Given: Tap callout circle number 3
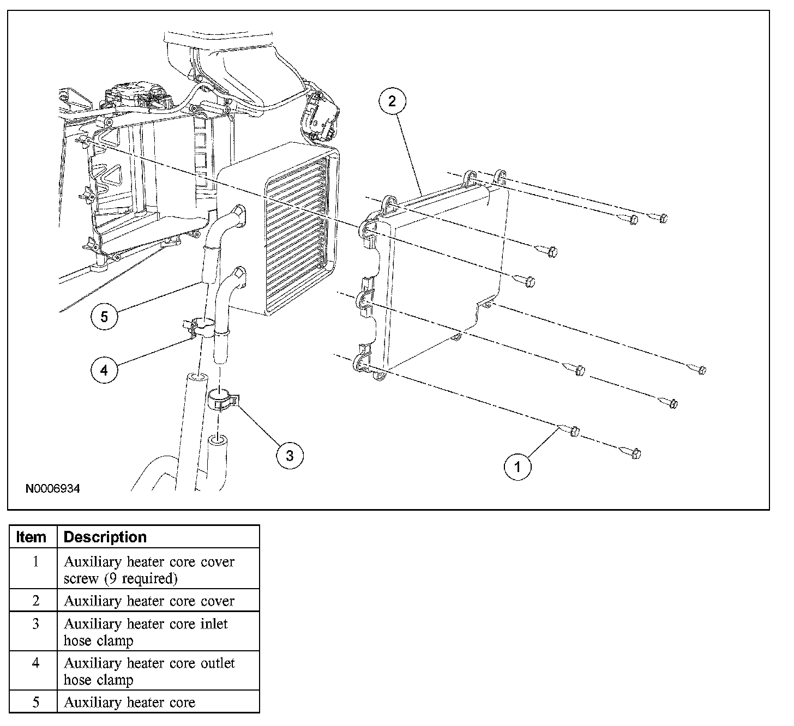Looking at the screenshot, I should [x=290, y=455].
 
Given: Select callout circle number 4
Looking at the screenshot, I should [x=104, y=370].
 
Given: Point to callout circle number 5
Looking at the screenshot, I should [x=104, y=316].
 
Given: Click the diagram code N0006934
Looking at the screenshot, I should [x=53, y=489].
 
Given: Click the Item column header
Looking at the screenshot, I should [x=32, y=537].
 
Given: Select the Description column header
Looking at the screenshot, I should [x=105, y=537].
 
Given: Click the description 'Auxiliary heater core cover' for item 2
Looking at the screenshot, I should [x=149, y=601].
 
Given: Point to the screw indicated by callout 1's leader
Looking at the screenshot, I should [x=570, y=431].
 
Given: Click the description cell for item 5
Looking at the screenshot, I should [x=129, y=703].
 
